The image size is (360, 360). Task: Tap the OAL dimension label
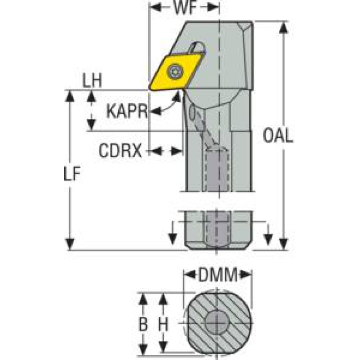coord(278,136)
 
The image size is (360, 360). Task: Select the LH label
coord(92,81)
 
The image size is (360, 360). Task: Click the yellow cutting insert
coord(175,73)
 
